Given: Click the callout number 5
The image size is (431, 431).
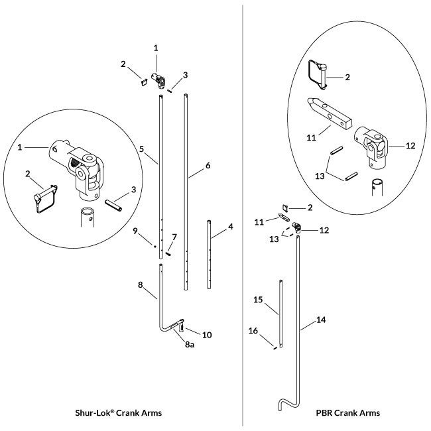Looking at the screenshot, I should tap(143, 149).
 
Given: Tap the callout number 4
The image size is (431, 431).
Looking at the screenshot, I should tap(230, 227).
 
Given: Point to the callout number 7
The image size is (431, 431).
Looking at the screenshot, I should tap(174, 237).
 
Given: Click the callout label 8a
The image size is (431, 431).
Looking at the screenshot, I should tap(189, 345).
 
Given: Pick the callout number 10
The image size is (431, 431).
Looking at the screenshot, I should tap(207, 335).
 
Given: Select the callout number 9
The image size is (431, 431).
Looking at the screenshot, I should tap(134, 231).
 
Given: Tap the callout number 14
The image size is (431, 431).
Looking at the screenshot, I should tap(322, 319).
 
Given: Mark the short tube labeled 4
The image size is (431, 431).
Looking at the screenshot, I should tap(210, 255).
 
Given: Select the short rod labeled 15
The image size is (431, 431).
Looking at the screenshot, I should tap(280, 315).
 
